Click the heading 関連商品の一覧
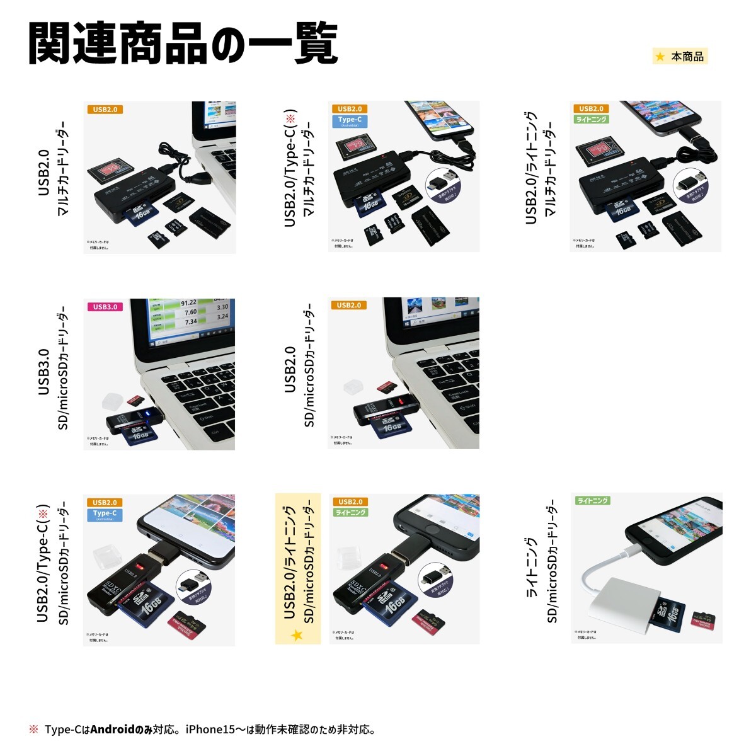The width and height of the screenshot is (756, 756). [x=183, y=44]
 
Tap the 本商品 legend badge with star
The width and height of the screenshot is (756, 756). [x=680, y=57]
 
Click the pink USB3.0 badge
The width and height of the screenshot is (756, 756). [x=105, y=307]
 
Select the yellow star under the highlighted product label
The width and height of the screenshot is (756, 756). [x=297, y=635]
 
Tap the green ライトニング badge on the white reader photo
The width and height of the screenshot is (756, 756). [x=592, y=501]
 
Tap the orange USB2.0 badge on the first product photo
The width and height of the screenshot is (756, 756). [x=105, y=110]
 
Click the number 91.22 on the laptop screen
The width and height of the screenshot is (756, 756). [x=188, y=303]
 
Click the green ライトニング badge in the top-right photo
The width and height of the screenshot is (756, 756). [x=592, y=119]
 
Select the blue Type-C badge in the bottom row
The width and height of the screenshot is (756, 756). [x=105, y=514]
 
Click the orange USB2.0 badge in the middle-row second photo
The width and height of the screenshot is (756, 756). [x=348, y=306]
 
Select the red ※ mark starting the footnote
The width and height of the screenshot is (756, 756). [x=33, y=730]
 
